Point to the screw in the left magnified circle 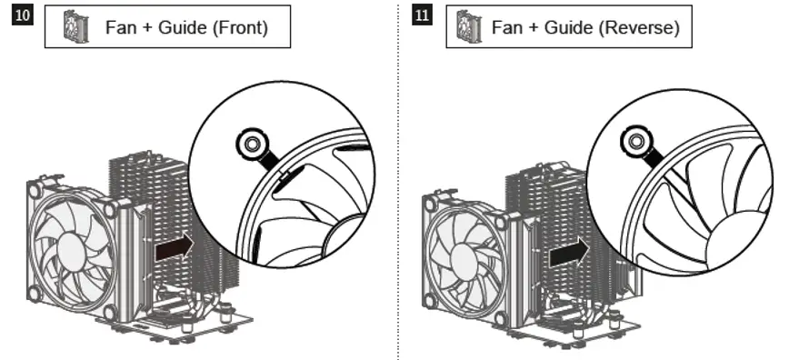(x=247, y=143)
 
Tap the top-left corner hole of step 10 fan (x=35, y=190)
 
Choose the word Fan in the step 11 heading (x=507, y=27)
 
